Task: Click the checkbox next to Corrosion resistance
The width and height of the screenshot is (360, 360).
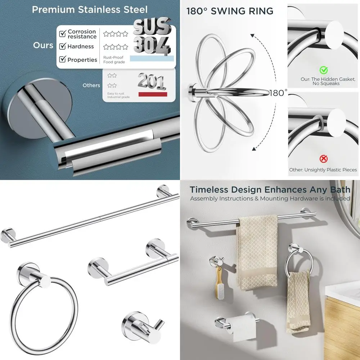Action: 62,33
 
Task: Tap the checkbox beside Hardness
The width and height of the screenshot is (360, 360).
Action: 62,46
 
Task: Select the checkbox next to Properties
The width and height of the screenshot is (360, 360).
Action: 62,59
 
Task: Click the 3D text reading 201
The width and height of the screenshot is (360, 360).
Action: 152,81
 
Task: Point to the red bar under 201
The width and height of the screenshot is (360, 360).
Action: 153,94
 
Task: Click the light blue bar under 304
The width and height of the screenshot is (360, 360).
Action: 152,59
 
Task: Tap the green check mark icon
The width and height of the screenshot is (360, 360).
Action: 324,70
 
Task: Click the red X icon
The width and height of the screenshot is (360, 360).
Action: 324,159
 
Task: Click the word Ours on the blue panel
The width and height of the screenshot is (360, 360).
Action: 43,45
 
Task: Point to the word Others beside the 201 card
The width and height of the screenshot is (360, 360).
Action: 91,85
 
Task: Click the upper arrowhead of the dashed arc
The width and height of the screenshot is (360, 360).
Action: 253,36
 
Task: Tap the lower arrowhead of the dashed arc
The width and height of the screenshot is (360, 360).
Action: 254,149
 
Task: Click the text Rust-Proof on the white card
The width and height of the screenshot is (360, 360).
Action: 113,57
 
